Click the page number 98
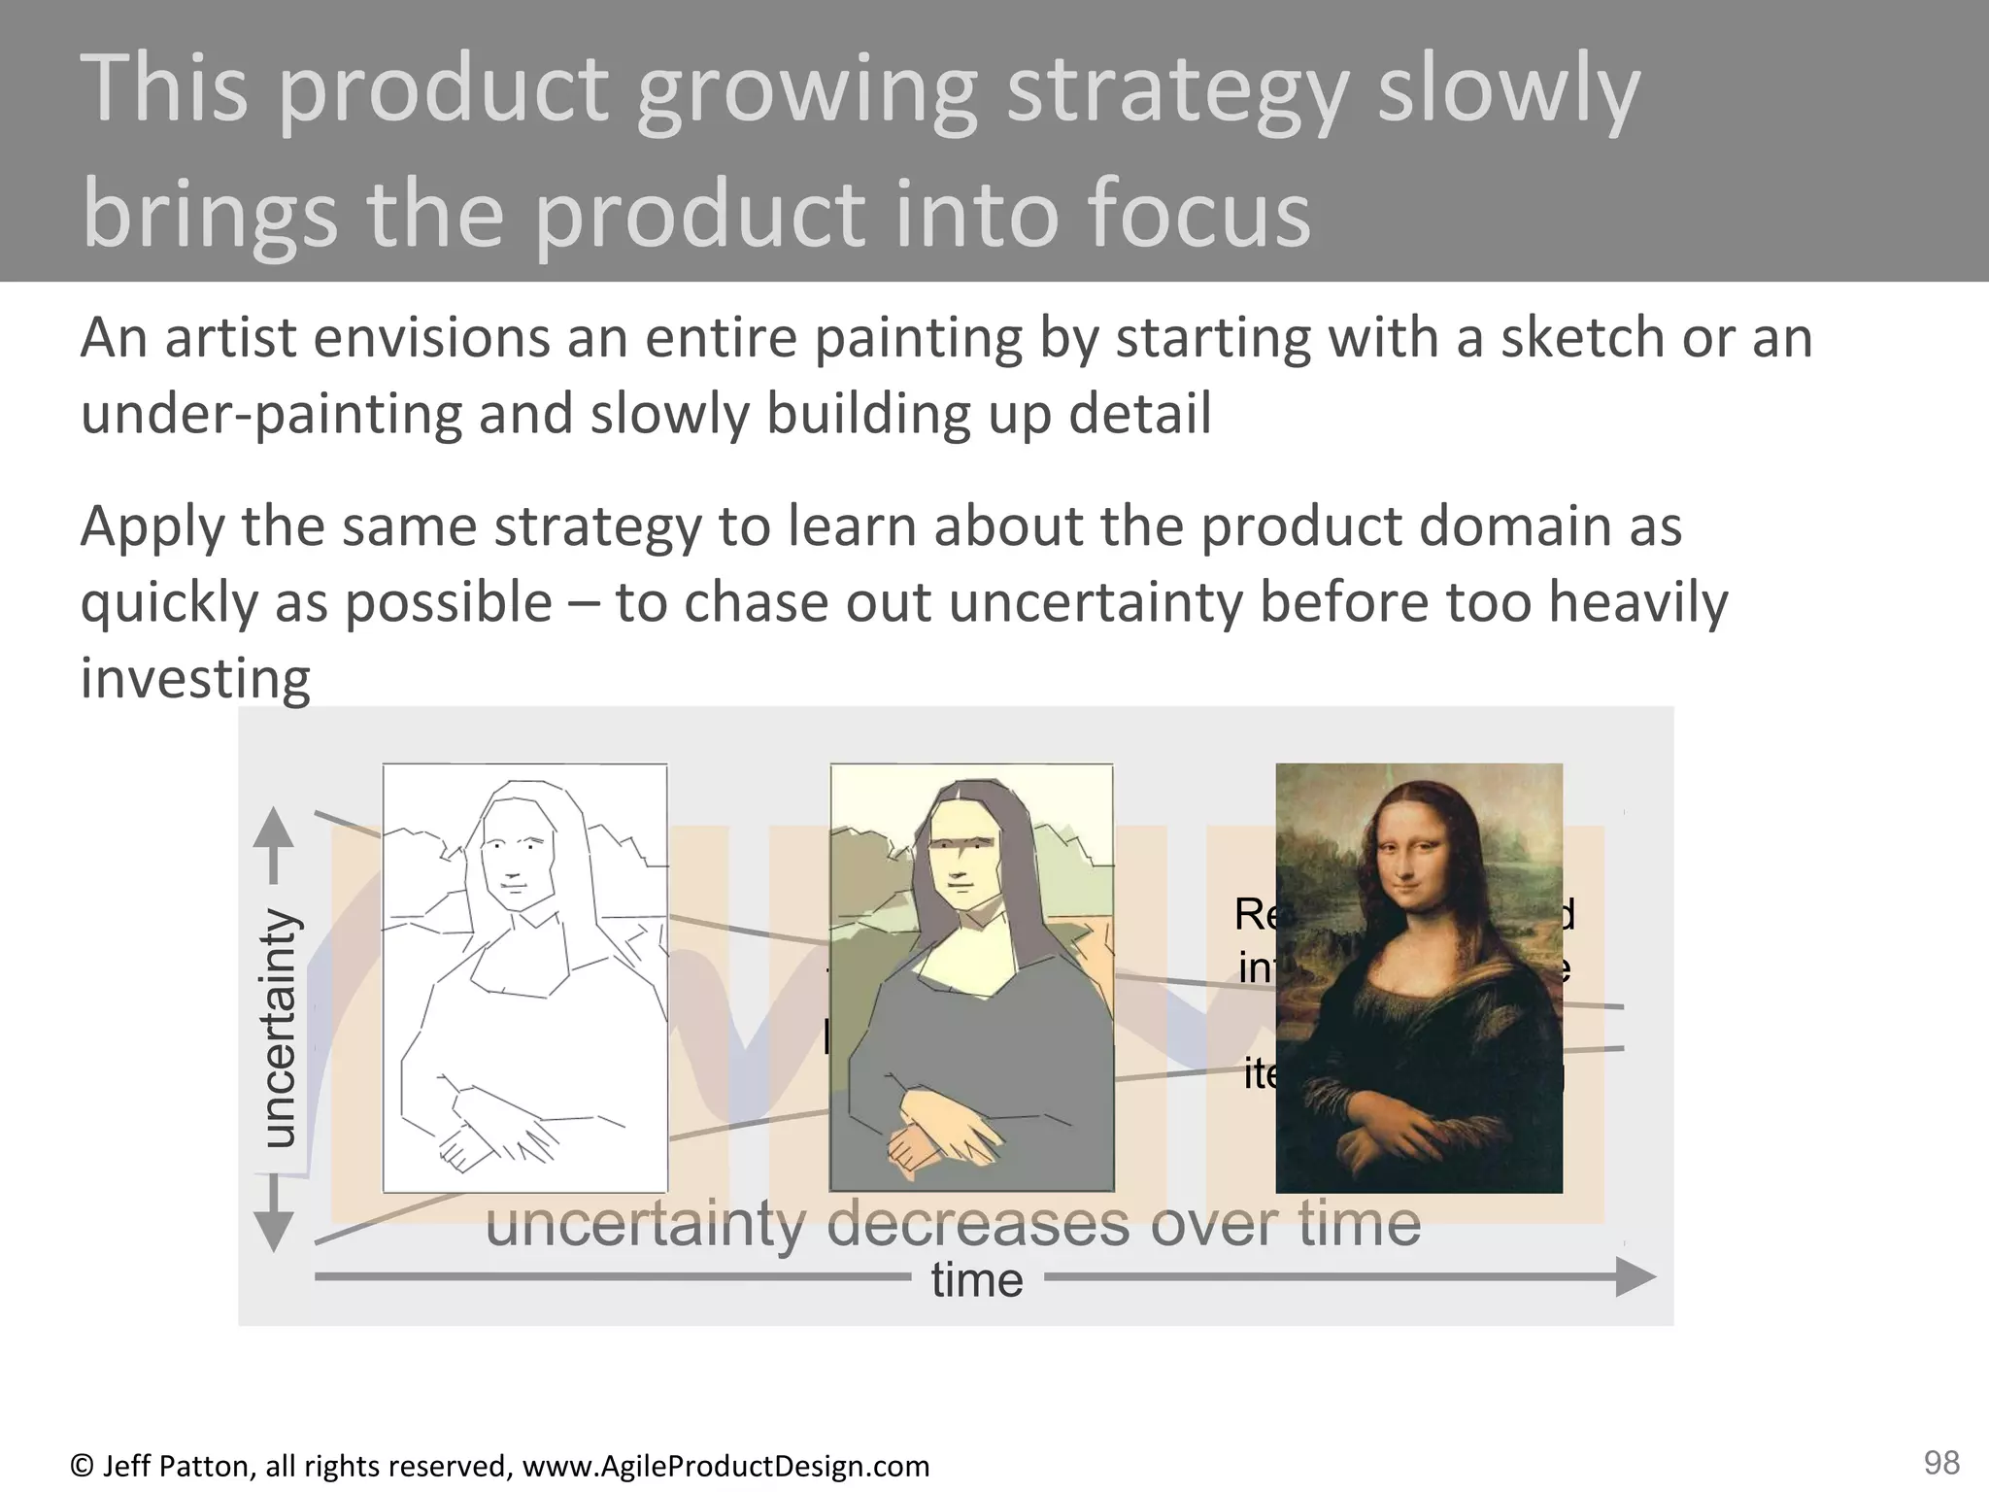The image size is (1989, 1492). point(1941,1461)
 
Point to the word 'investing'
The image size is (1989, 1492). point(194,678)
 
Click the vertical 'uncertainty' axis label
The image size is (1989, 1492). point(280,1028)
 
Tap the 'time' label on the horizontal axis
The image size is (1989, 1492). point(976,1279)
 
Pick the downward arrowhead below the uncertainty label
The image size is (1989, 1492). point(273,1231)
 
